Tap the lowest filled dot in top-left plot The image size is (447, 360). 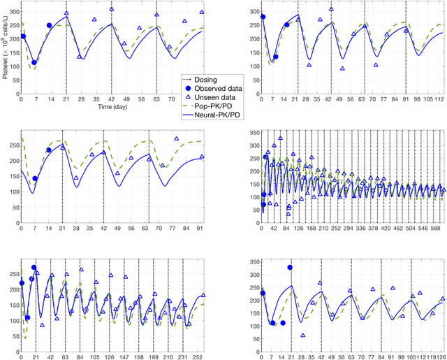(x=34, y=63)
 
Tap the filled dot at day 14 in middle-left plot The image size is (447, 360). (x=49, y=150)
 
